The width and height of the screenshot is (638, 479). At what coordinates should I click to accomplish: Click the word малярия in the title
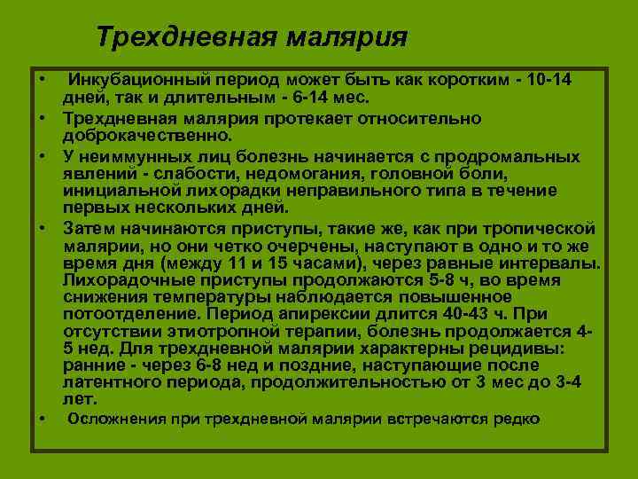coord(346,37)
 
